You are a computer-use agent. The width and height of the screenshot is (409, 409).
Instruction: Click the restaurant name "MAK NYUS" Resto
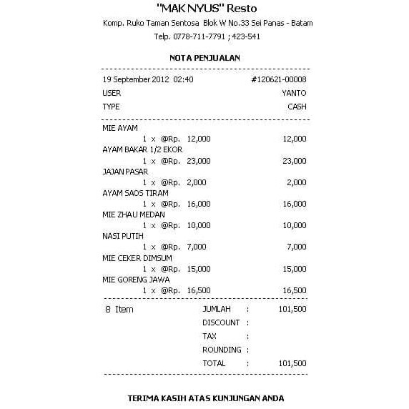point(204,9)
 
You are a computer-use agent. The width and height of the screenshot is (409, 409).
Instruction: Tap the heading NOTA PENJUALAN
point(204,58)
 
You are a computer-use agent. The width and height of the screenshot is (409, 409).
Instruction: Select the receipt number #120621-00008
point(279,79)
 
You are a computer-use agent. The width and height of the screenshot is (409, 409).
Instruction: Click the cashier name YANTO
point(294,93)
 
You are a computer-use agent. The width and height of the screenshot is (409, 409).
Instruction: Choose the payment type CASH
point(297,107)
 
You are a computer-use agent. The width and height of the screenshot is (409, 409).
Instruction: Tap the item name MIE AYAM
point(120,128)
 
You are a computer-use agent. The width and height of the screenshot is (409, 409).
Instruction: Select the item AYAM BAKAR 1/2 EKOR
point(142,149)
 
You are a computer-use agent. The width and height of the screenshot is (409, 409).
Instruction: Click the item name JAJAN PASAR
point(125,172)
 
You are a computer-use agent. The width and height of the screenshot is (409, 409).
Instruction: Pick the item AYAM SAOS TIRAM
point(135,193)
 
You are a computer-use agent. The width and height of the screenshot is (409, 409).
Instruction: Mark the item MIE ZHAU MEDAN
point(134,215)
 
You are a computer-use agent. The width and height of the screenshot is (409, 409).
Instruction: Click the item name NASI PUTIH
point(123,236)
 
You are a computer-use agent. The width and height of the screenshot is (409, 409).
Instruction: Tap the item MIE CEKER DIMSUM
point(136,257)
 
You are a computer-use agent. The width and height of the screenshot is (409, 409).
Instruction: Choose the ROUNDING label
point(221,350)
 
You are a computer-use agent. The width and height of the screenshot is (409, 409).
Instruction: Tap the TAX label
point(210,336)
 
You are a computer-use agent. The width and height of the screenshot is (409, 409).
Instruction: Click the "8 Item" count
point(119,310)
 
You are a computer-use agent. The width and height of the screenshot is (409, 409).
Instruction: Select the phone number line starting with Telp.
point(206,36)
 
